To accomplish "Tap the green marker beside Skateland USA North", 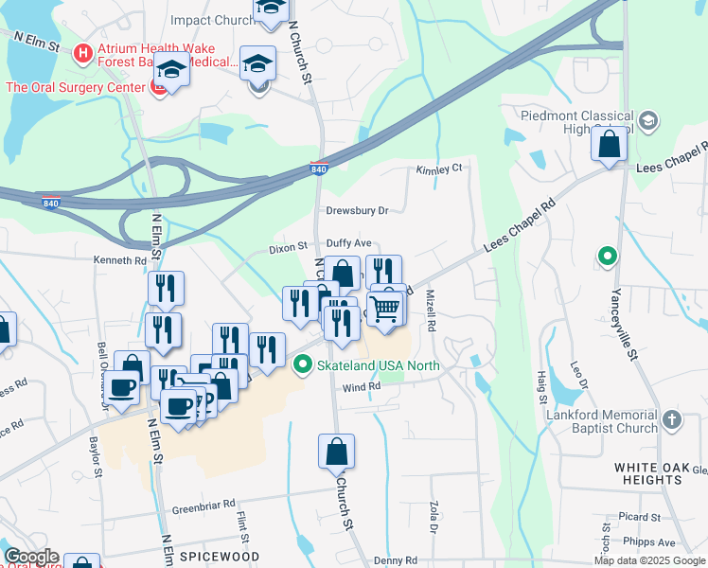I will click(x=303, y=364).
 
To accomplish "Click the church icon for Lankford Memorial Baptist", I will click(x=671, y=419).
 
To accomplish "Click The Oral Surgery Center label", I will click(x=74, y=87).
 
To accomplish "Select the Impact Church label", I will click(x=212, y=20).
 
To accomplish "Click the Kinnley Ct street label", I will click(x=438, y=169).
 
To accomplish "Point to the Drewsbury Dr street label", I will click(x=358, y=210).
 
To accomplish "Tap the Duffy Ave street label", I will click(x=349, y=243).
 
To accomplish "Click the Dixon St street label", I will click(x=289, y=246).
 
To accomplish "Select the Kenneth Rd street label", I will click(x=120, y=260).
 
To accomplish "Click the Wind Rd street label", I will click(x=361, y=386).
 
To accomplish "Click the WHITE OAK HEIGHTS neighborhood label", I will click(x=661, y=468).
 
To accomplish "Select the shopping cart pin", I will click(x=384, y=308).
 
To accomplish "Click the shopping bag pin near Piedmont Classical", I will click(x=610, y=146).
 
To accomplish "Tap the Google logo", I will click(x=31, y=557).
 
